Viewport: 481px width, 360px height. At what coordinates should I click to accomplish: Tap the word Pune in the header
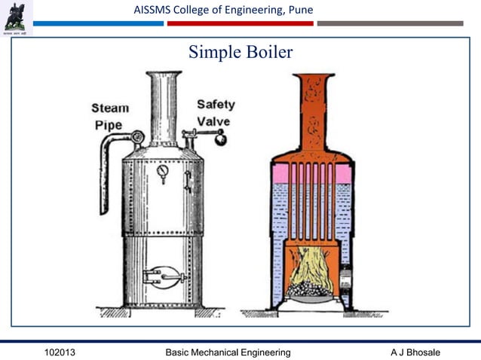click(297, 10)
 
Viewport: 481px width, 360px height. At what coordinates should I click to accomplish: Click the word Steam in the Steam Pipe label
click(110, 108)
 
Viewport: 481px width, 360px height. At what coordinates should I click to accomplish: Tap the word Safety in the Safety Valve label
click(216, 105)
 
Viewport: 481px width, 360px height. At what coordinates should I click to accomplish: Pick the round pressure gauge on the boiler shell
click(163, 172)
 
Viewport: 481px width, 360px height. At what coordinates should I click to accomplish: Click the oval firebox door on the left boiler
click(164, 276)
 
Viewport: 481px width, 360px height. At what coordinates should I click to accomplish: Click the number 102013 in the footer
click(60, 352)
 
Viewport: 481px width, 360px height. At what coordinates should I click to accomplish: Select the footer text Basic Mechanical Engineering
click(228, 352)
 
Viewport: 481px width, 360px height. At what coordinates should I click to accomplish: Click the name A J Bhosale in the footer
click(415, 352)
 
